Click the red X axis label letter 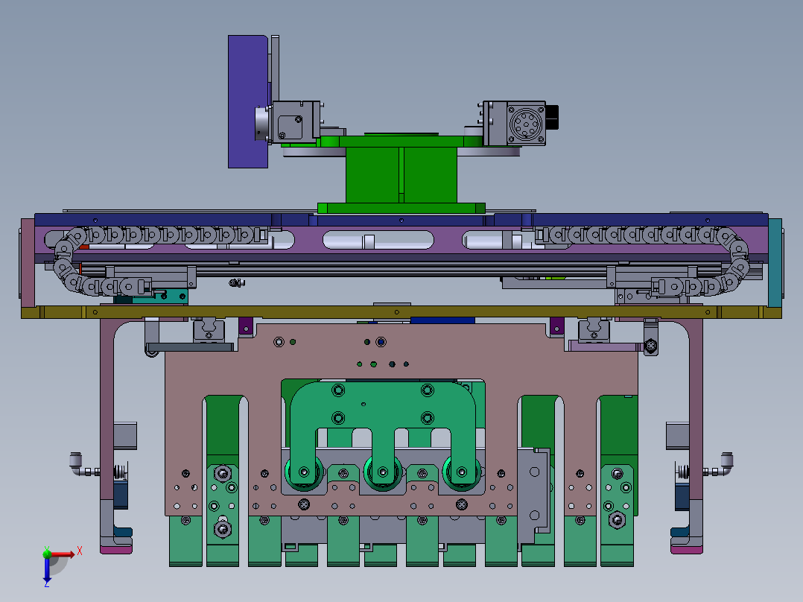click(80, 551)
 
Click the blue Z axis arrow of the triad click(47, 568)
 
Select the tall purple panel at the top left click(248, 101)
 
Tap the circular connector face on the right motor click(525, 124)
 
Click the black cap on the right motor click(551, 117)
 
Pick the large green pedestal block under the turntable click(401, 175)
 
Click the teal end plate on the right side click(775, 262)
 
